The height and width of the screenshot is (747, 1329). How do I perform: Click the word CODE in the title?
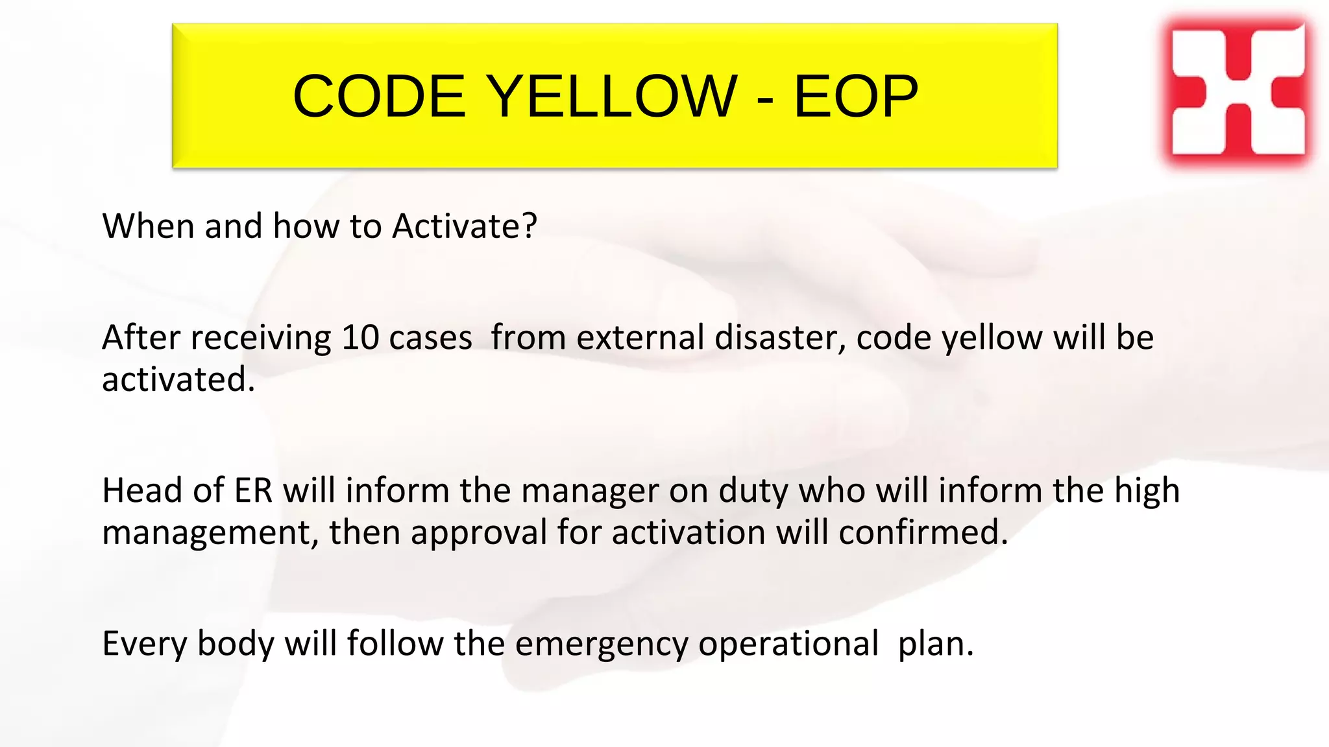(x=379, y=96)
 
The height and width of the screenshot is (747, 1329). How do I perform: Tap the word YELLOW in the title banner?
(x=612, y=96)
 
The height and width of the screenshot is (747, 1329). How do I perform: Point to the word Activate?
(x=465, y=226)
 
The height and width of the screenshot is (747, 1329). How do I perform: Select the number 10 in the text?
(x=360, y=338)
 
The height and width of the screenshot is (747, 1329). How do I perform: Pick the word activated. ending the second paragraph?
(x=178, y=379)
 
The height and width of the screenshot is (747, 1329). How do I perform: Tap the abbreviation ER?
(x=253, y=490)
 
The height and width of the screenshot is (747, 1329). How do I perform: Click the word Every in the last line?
(x=144, y=645)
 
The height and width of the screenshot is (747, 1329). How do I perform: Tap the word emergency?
(x=602, y=645)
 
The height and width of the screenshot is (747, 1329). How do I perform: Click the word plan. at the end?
(x=936, y=645)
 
